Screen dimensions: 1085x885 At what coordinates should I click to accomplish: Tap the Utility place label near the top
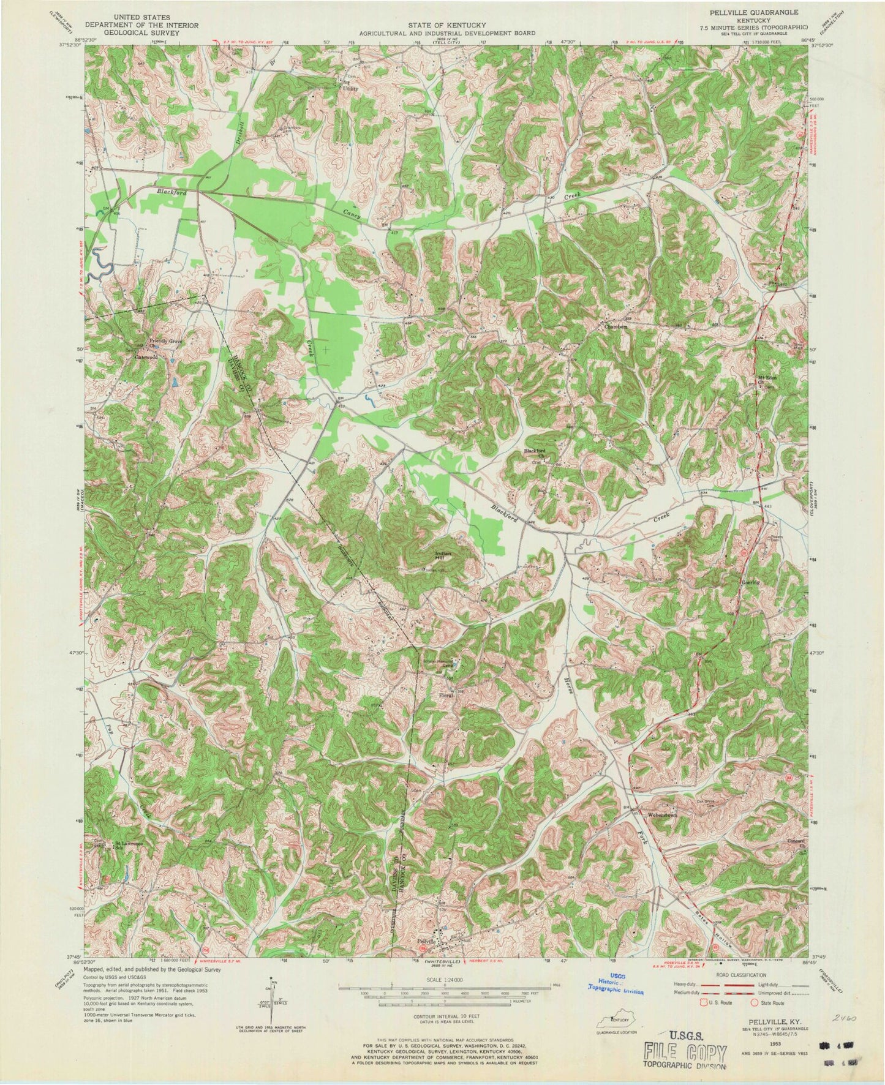(x=350, y=89)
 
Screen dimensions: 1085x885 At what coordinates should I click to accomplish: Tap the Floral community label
(x=445, y=696)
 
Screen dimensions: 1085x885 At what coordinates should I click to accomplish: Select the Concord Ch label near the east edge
(x=797, y=843)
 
